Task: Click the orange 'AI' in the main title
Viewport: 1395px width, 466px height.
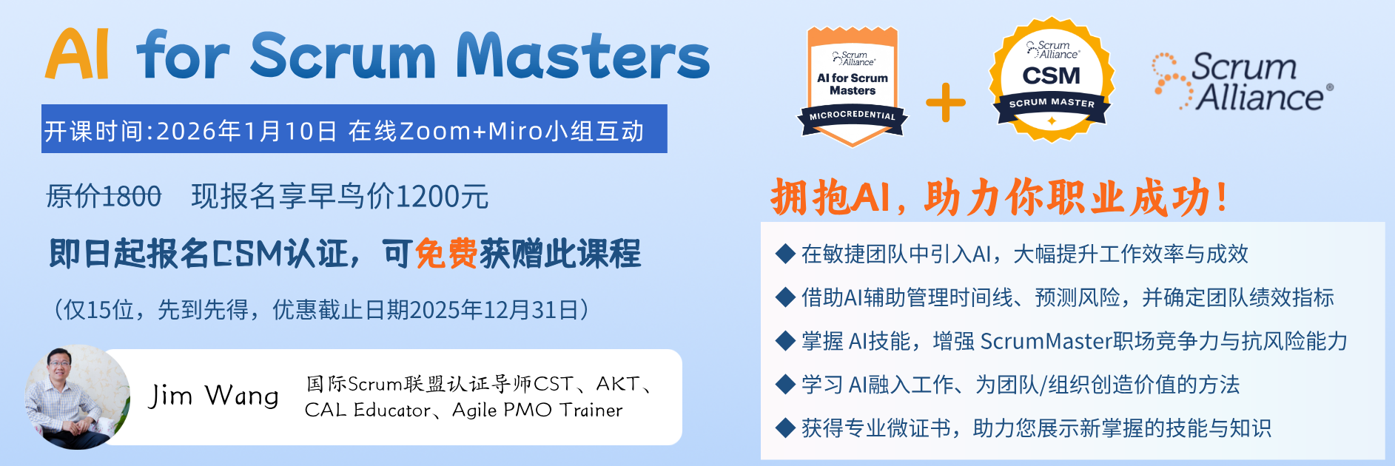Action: tap(77, 55)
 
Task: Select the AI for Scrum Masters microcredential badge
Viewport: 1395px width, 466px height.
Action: tap(853, 86)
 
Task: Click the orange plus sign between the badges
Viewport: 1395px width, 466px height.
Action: tap(946, 102)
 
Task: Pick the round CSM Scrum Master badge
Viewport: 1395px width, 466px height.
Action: tap(1052, 81)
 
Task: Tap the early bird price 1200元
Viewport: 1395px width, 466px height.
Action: tap(443, 197)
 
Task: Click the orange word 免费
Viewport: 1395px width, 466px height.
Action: tap(446, 254)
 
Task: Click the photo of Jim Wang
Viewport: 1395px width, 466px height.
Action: tap(77, 397)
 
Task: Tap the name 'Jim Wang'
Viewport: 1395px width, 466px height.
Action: tap(214, 396)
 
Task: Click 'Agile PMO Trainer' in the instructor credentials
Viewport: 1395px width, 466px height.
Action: tap(537, 410)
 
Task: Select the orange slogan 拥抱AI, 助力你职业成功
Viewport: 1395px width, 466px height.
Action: tap(999, 197)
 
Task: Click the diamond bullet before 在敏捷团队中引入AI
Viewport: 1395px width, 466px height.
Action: tap(785, 254)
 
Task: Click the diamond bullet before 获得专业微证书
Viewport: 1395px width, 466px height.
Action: tap(785, 428)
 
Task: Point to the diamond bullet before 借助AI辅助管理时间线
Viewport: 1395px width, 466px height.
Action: tap(785, 297)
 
